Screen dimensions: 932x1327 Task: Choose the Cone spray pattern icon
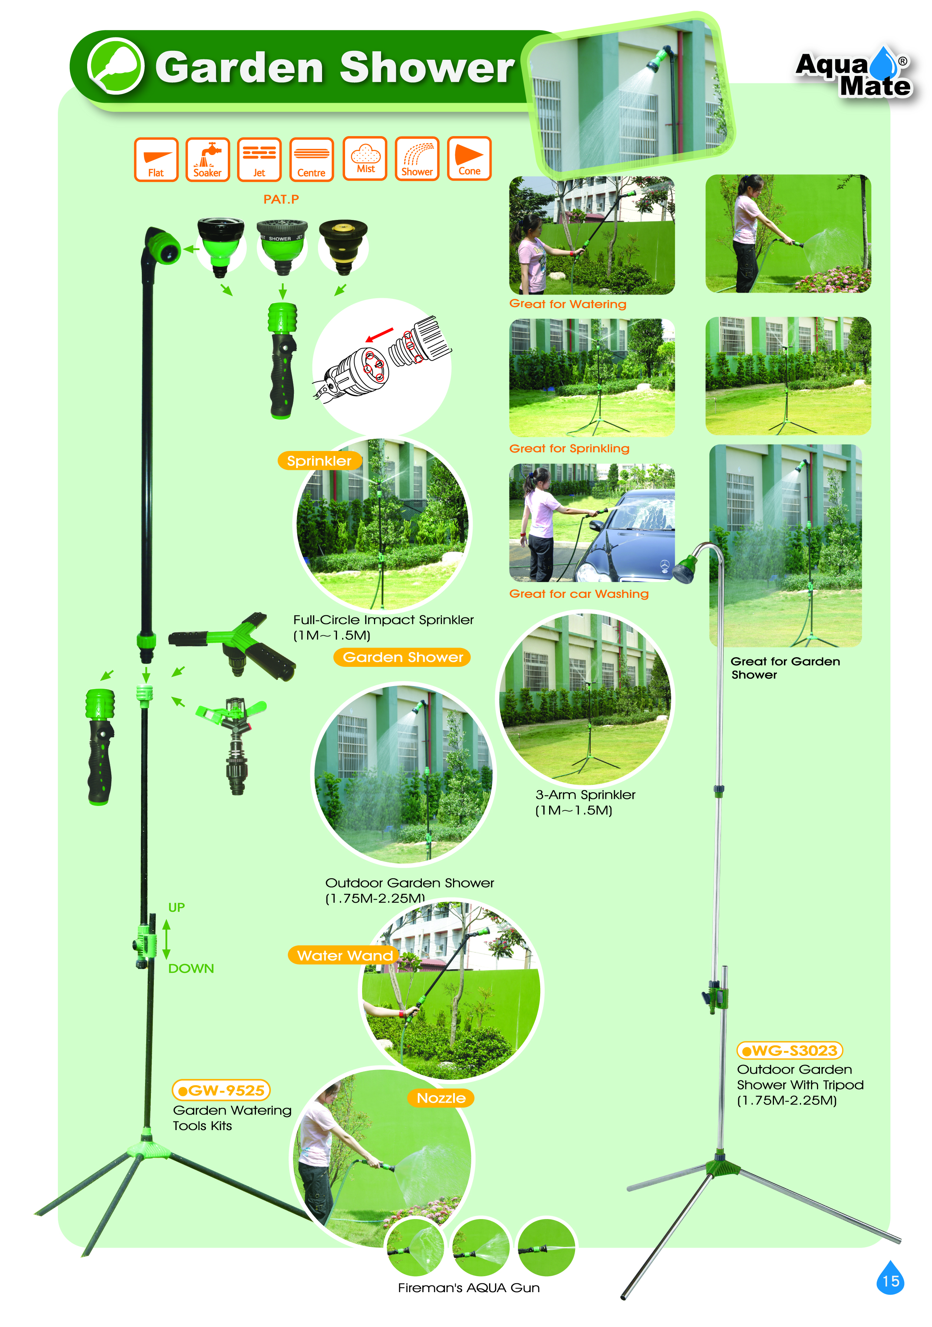469,158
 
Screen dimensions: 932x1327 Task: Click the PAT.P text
281,200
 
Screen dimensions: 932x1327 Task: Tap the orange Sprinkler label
319,461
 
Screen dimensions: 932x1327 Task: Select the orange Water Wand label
345,955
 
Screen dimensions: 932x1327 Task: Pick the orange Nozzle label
441,1098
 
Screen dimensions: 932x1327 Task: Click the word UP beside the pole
176,908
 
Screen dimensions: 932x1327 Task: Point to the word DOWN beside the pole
191,969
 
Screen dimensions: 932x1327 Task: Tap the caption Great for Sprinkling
569,448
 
